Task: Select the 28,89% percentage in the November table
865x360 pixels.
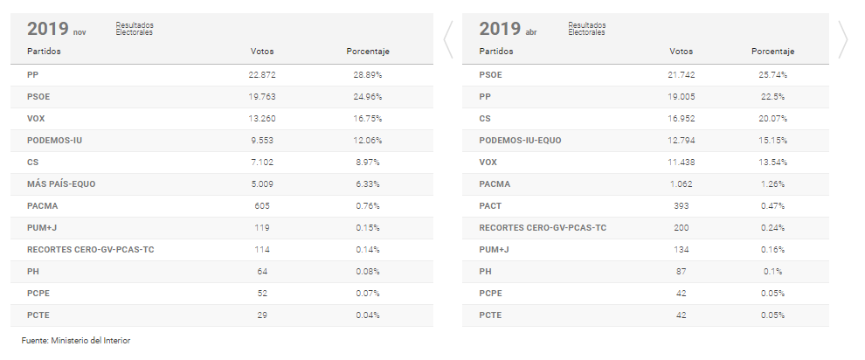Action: coord(367,75)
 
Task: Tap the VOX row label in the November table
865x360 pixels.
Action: coord(36,119)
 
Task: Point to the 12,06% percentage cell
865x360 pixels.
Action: coord(367,141)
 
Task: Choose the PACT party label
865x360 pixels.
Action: coord(490,206)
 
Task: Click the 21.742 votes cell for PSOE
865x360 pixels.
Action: coord(681,75)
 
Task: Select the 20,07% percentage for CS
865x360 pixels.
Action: coord(772,119)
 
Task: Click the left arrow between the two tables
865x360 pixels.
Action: coord(448,39)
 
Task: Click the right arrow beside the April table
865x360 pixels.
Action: coord(843,39)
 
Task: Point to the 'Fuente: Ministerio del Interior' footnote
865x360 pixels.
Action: coord(76,340)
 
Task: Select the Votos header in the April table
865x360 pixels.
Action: coord(681,52)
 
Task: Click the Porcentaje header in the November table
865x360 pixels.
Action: coord(367,52)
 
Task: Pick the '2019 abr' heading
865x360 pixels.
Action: coord(508,30)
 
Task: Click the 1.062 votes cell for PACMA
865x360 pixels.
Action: coord(681,184)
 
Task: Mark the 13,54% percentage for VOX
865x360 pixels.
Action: coord(772,163)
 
